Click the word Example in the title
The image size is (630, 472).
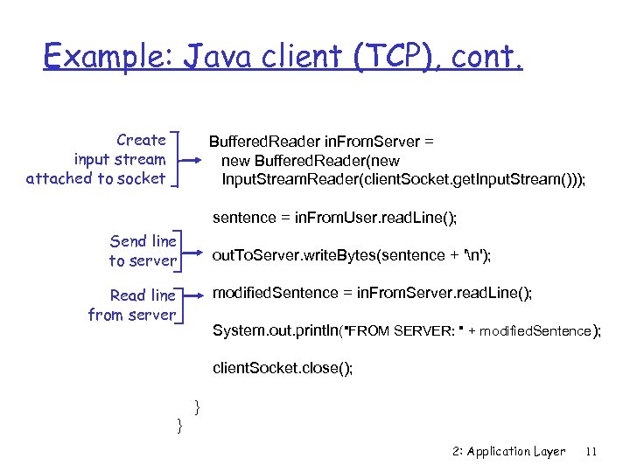(108, 57)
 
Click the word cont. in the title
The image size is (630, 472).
(486, 57)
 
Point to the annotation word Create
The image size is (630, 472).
(141, 140)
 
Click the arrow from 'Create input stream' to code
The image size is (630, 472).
(190, 160)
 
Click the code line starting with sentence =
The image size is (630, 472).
(335, 217)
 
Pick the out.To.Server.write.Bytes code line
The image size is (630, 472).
(352, 253)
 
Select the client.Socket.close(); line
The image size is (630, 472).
(283, 368)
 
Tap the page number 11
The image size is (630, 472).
(591, 452)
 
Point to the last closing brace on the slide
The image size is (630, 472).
(179, 425)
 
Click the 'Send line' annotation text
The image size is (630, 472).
(143, 241)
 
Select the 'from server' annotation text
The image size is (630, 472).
(131, 315)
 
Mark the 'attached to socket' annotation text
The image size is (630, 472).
(95, 178)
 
